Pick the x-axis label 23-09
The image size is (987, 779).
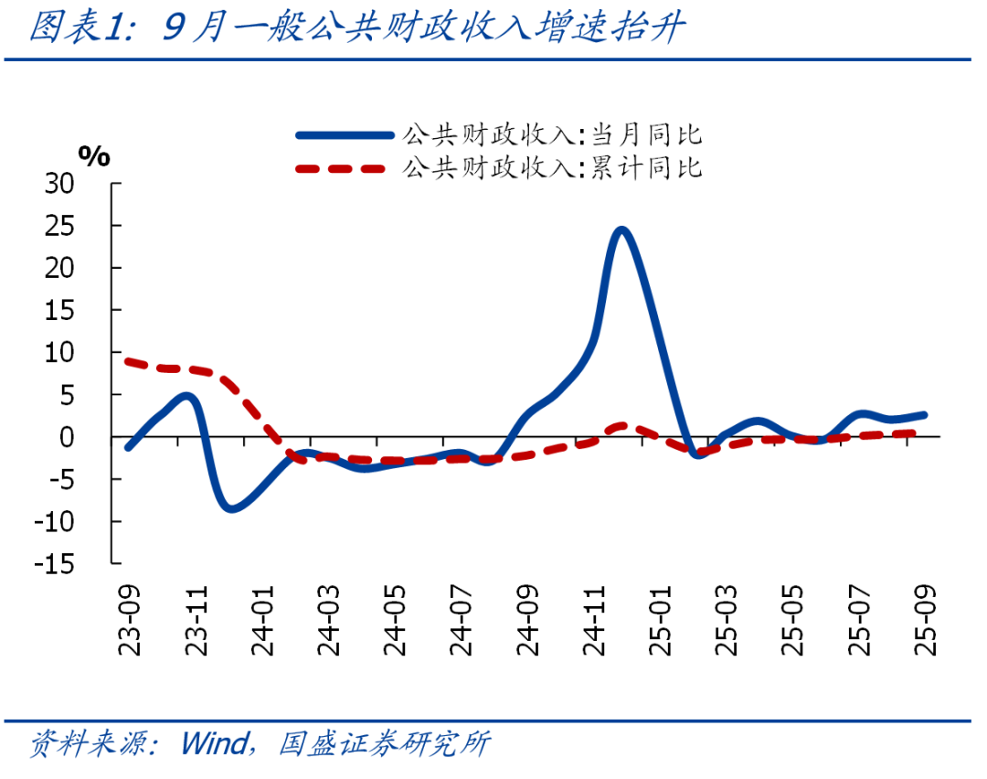pyautogui.click(x=132, y=622)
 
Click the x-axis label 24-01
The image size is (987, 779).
pyautogui.click(x=264, y=622)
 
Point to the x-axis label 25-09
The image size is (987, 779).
pyautogui.click(x=926, y=622)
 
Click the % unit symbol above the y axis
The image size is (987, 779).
pyautogui.click(x=93, y=156)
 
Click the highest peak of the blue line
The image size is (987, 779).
pyautogui.click(x=621, y=229)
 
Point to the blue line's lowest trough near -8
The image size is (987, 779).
pyautogui.click(x=231, y=508)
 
